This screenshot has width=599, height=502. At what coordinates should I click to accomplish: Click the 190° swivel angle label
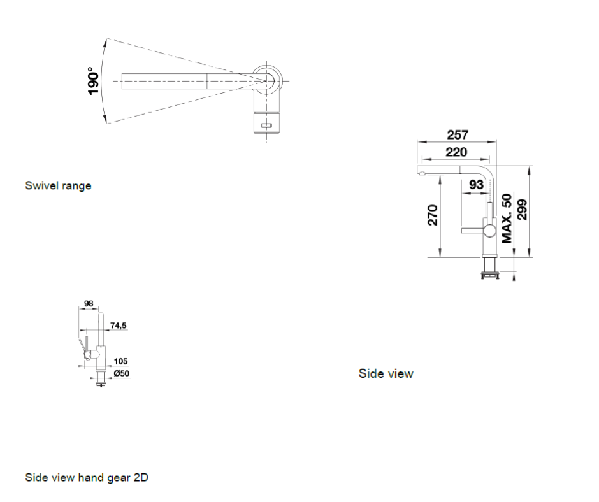pyautogui.click(x=93, y=81)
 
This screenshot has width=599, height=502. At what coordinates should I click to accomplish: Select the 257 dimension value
pyautogui.click(x=458, y=134)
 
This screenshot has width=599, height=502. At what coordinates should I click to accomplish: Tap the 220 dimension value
pyautogui.click(x=456, y=152)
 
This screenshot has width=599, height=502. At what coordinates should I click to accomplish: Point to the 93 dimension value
pyautogui.click(x=476, y=185)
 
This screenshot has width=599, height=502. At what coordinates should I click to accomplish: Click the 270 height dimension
pyautogui.click(x=433, y=215)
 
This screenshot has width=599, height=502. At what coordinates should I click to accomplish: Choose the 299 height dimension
pyautogui.click(x=522, y=210)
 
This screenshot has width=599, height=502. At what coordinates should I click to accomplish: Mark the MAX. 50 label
pyautogui.click(x=507, y=219)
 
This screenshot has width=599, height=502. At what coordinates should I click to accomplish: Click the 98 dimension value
pyautogui.click(x=89, y=303)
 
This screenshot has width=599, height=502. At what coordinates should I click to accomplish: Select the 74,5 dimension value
pyautogui.click(x=118, y=326)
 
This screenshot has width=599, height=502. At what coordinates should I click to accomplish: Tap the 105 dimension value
pyautogui.click(x=120, y=361)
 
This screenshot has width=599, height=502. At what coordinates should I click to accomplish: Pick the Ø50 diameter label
pyautogui.click(x=122, y=373)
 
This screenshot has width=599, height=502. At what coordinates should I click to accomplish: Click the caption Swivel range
pyautogui.click(x=58, y=185)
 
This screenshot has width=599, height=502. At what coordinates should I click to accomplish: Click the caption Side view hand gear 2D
pyautogui.click(x=87, y=477)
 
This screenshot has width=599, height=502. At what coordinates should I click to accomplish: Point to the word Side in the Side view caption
pyautogui.click(x=368, y=373)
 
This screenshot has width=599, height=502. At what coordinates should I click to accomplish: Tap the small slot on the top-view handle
pyautogui.click(x=266, y=125)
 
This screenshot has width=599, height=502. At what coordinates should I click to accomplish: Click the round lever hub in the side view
pyautogui.click(x=490, y=231)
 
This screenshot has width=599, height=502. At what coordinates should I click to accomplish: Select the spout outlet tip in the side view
pyautogui.click(x=421, y=174)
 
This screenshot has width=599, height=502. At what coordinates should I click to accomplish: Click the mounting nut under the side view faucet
pyautogui.click(x=490, y=275)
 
